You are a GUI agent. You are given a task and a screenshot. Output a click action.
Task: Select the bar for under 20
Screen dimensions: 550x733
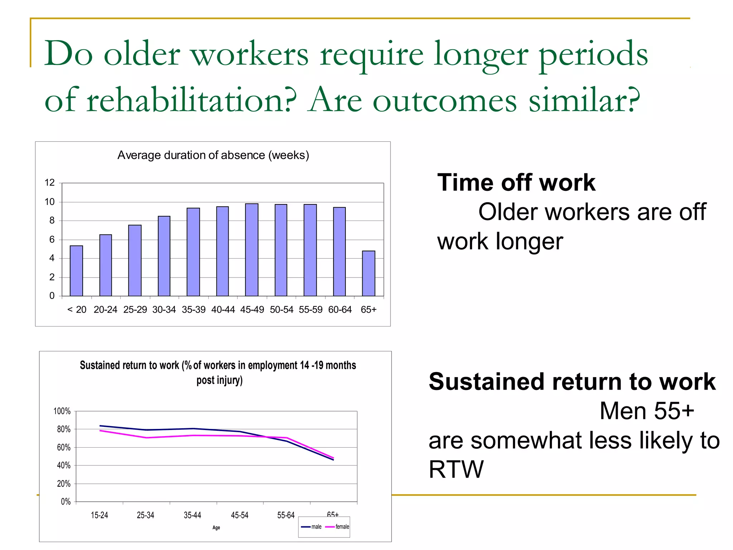76,271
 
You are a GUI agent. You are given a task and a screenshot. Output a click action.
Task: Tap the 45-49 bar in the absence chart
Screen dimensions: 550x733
252,250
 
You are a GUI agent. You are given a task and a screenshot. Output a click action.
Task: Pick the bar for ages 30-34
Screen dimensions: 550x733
164,256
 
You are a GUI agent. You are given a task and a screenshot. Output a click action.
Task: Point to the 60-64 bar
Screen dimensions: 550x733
339,251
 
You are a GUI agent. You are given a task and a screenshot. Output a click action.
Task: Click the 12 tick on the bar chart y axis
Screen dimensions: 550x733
50,183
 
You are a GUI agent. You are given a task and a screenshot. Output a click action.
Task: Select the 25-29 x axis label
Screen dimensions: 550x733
135,310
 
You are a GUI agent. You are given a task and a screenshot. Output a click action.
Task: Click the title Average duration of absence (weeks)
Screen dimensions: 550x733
213,155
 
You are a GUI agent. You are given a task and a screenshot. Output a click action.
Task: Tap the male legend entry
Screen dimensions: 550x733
312,527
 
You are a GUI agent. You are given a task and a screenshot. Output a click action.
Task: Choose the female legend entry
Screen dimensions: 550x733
338,527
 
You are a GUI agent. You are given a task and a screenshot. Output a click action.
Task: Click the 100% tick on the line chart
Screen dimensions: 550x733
62,411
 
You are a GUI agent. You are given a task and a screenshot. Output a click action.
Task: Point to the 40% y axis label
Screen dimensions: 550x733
64,465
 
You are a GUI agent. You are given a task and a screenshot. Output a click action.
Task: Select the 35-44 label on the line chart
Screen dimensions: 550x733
192,515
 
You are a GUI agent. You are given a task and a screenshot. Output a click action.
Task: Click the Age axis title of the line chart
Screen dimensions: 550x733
216,527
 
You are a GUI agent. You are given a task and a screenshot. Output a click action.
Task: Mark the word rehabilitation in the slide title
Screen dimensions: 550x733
192,100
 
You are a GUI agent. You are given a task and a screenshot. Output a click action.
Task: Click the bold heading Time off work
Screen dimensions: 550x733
516,183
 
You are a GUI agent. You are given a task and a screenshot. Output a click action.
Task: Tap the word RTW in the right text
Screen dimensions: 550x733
456,469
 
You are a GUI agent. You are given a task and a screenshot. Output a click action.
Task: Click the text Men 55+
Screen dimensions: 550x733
646,411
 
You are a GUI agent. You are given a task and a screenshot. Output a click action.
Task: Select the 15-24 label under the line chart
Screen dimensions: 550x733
99,515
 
